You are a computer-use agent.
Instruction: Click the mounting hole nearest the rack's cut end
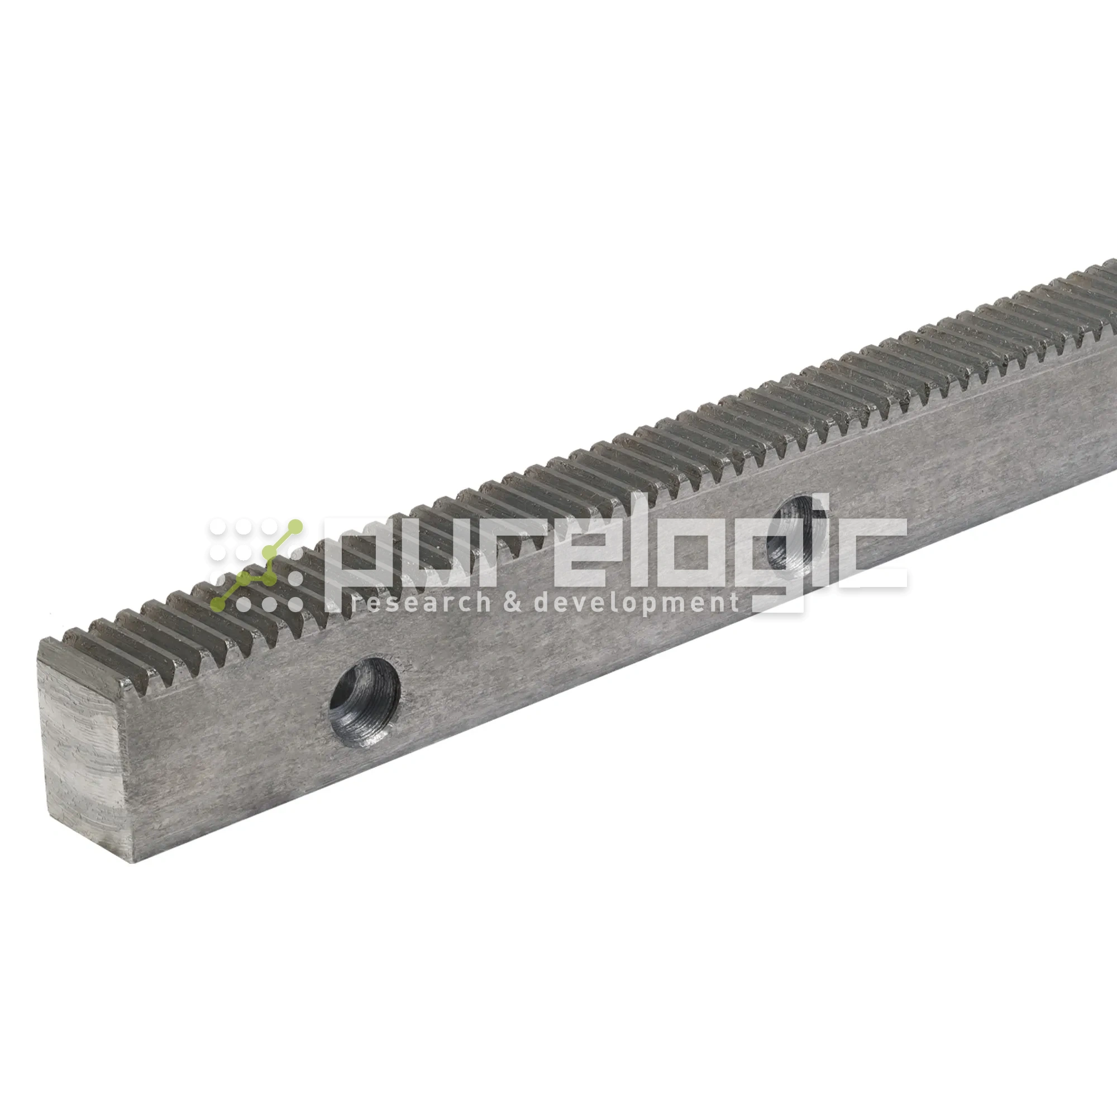coord(365,701)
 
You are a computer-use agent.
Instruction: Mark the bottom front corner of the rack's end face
coord(135,862)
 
